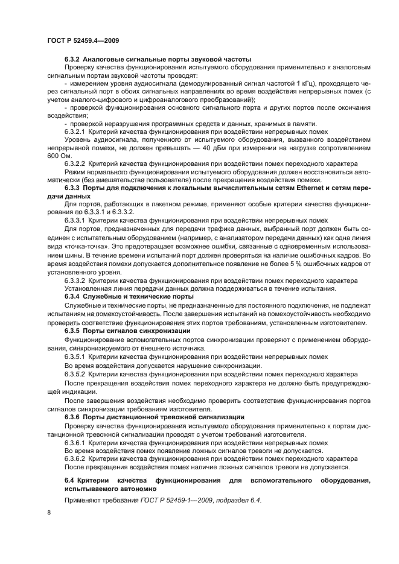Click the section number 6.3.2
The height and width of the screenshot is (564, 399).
coord(72,59)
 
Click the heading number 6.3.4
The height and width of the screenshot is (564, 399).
coord(72,296)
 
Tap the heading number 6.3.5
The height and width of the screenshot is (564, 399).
coord(72,331)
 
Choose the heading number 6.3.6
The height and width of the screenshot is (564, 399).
coord(72,417)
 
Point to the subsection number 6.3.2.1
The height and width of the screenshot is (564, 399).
coord(75,131)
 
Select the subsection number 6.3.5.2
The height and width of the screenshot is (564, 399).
coord(75,374)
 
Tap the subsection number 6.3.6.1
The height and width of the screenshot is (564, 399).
coord(75,442)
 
